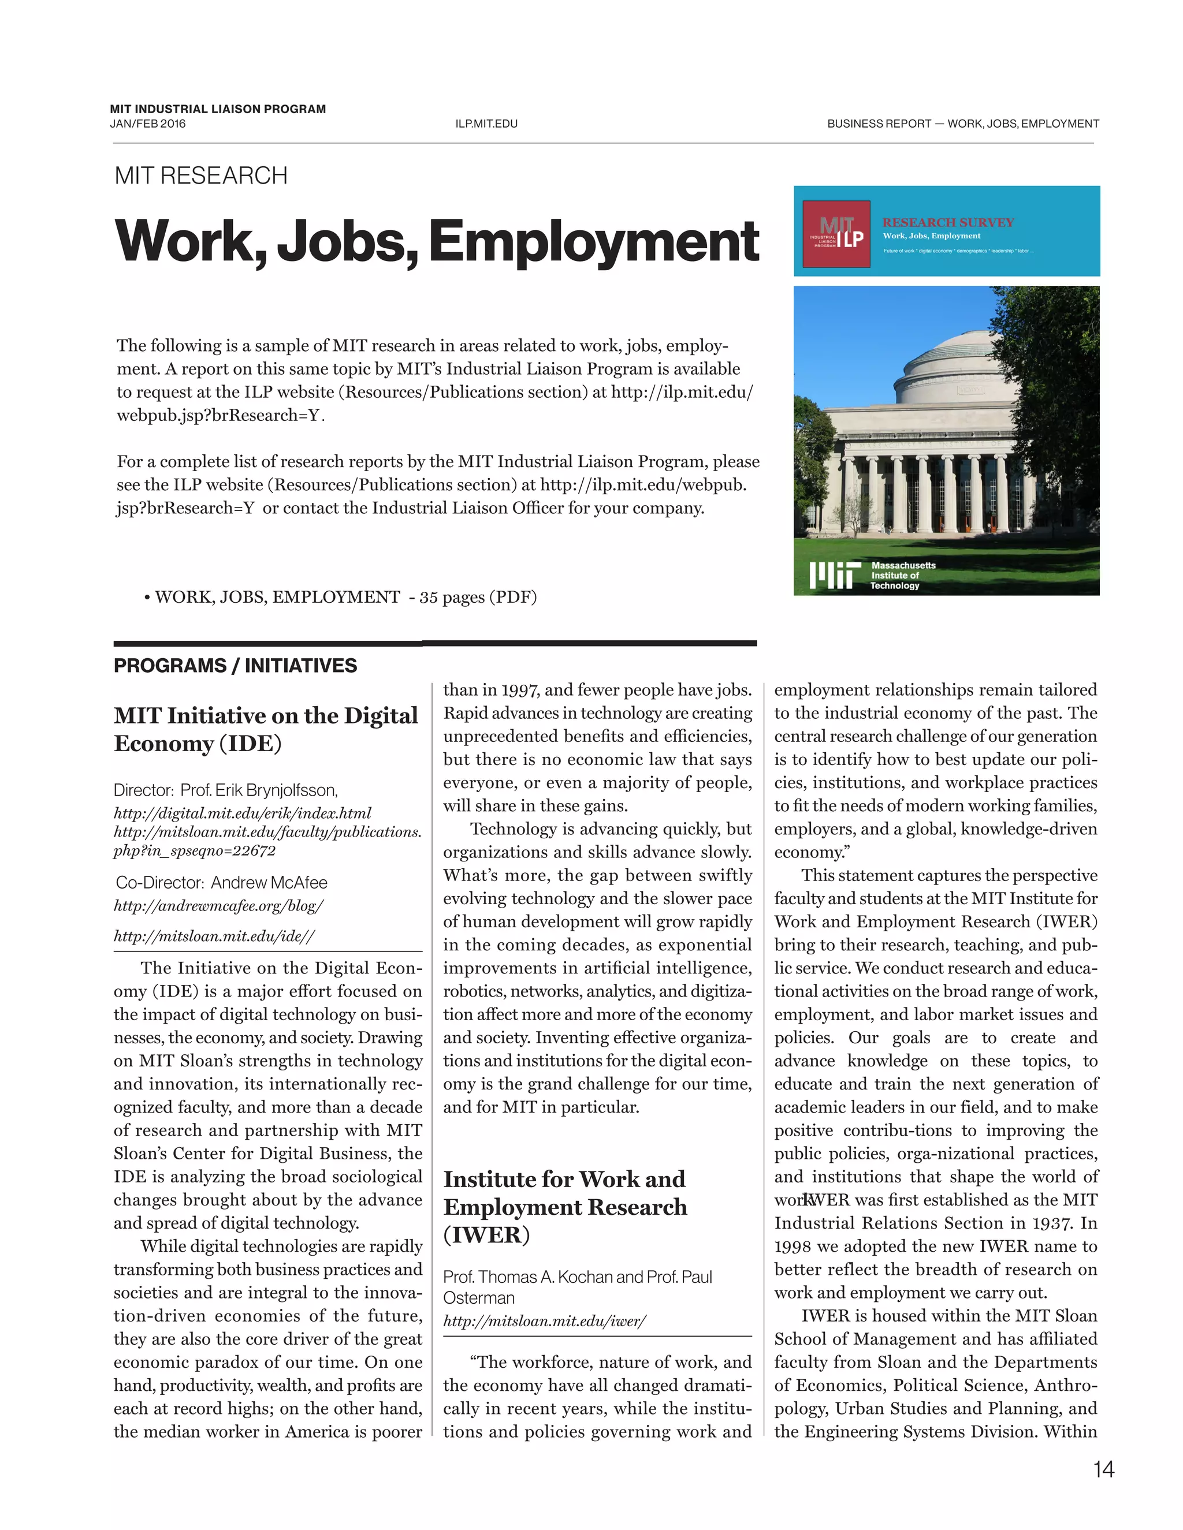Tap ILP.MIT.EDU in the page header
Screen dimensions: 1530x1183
(x=486, y=124)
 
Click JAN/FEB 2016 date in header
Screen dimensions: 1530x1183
(x=148, y=124)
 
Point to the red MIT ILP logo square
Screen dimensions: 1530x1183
(x=835, y=234)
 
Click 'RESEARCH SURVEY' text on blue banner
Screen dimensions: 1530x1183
(x=947, y=222)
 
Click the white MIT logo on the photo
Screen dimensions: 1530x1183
(x=834, y=575)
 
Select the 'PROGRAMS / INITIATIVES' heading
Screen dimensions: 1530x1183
(x=236, y=666)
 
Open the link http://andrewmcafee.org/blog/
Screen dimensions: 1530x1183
(x=219, y=906)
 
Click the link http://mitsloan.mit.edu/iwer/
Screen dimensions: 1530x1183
(x=545, y=1321)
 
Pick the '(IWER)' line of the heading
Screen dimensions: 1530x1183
(x=486, y=1234)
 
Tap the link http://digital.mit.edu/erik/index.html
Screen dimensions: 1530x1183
(x=243, y=813)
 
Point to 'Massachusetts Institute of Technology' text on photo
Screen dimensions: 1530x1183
(x=903, y=575)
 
